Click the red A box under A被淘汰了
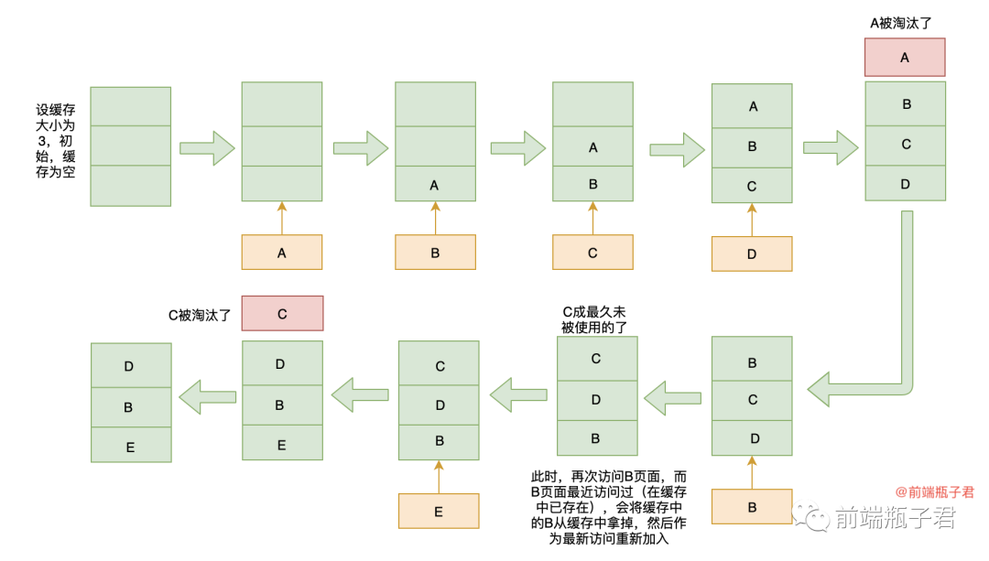click(x=905, y=57)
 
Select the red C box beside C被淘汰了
click(x=282, y=313)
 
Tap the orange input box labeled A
click(x=281, y=253)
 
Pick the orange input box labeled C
click(x=592, y=253)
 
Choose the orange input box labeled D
click(x=752, y=254)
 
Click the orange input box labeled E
click(x=439, y=511)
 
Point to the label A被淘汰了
click(x=905, y=22)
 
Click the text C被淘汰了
click(x=199, y=314)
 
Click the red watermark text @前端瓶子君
click(x=934, y=491)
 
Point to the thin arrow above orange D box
click(x=752, y=220)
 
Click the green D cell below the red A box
click(x=905, y=184)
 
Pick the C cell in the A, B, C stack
click(x=752, y=186)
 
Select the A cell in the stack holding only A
click(x=435, y=185)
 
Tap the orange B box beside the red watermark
click(x=752, y=507)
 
